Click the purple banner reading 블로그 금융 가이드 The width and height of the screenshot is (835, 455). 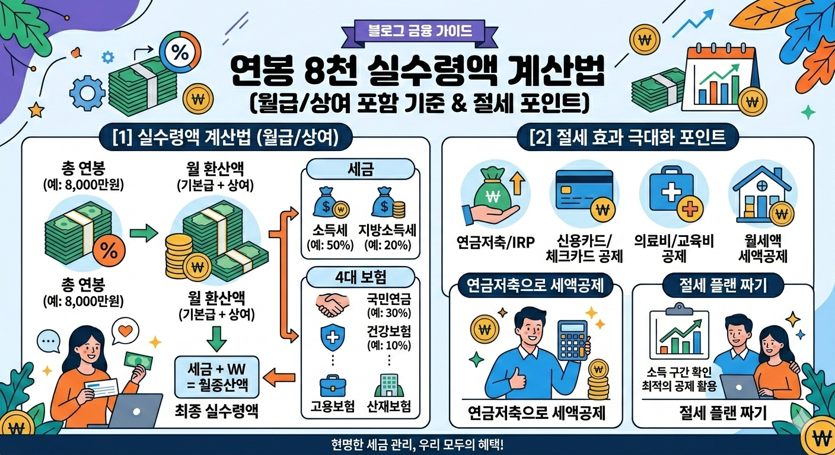417,30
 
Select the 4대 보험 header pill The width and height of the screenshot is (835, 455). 361,277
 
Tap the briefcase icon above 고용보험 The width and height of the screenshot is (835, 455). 332,386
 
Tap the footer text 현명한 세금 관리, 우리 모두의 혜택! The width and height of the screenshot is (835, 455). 417,444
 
